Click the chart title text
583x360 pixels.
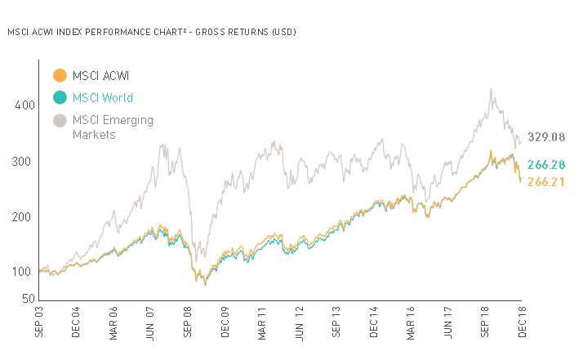(151, 33)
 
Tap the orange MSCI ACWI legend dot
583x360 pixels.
(59, 76)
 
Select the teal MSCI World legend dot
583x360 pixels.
(59, 98)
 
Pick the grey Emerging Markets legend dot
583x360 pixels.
(59, 121)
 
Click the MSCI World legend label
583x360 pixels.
(104, 98)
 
